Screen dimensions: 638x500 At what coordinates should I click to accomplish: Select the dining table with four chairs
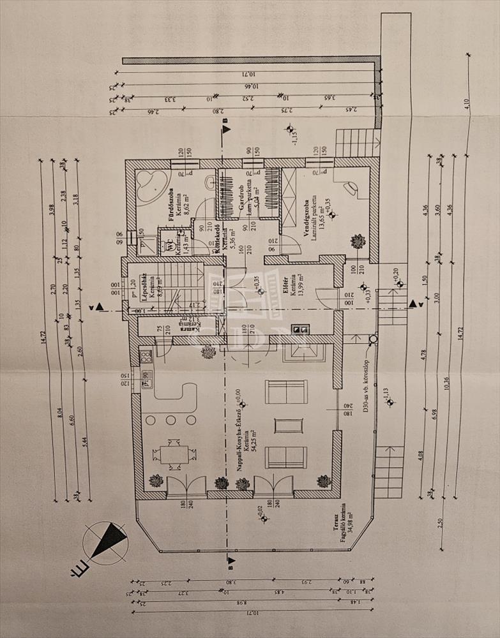[x=170, y=454]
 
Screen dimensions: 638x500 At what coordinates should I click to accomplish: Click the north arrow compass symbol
[x=105, y=540]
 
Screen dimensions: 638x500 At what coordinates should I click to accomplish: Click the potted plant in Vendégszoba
[x=358, y=242]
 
